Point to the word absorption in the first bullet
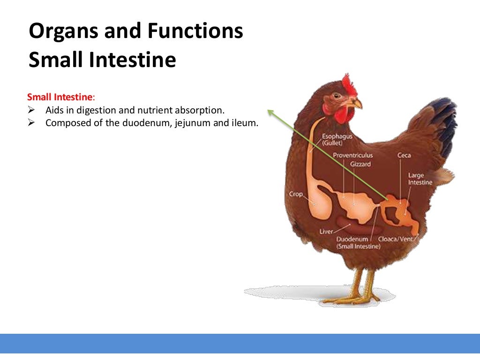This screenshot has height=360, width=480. [200, 110]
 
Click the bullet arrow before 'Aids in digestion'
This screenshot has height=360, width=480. [31, 111]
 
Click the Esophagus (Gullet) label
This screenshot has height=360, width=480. [337, 139]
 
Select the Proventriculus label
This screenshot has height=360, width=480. [352, 155]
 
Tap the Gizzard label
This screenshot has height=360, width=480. [360, 164]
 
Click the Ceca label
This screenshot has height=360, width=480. [404, 155]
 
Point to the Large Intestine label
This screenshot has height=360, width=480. [420, 179]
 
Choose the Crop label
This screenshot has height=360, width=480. [296, 194]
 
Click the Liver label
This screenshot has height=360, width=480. [326, 232]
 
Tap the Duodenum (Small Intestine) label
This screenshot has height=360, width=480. [358, 242]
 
